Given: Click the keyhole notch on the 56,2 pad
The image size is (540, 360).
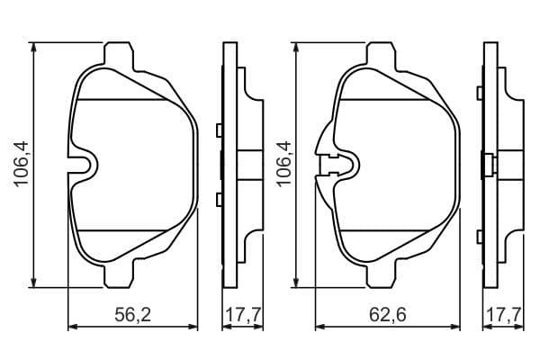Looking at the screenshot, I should tap(86, 166).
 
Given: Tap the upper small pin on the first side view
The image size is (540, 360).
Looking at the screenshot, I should tap(219, 130).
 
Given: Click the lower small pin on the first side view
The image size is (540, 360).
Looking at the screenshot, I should tap(219, 198).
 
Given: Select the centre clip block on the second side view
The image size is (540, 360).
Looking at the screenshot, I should tap(487, 165).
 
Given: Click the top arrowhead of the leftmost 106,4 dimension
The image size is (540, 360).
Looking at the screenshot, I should tap(34, 46).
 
